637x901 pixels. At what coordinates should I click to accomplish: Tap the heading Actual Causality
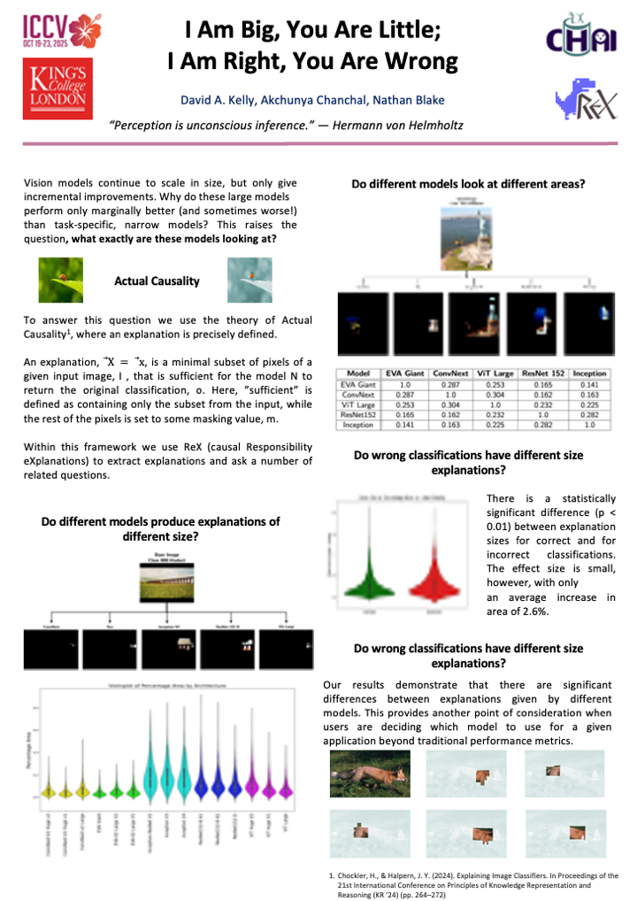(x=157, y=281)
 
